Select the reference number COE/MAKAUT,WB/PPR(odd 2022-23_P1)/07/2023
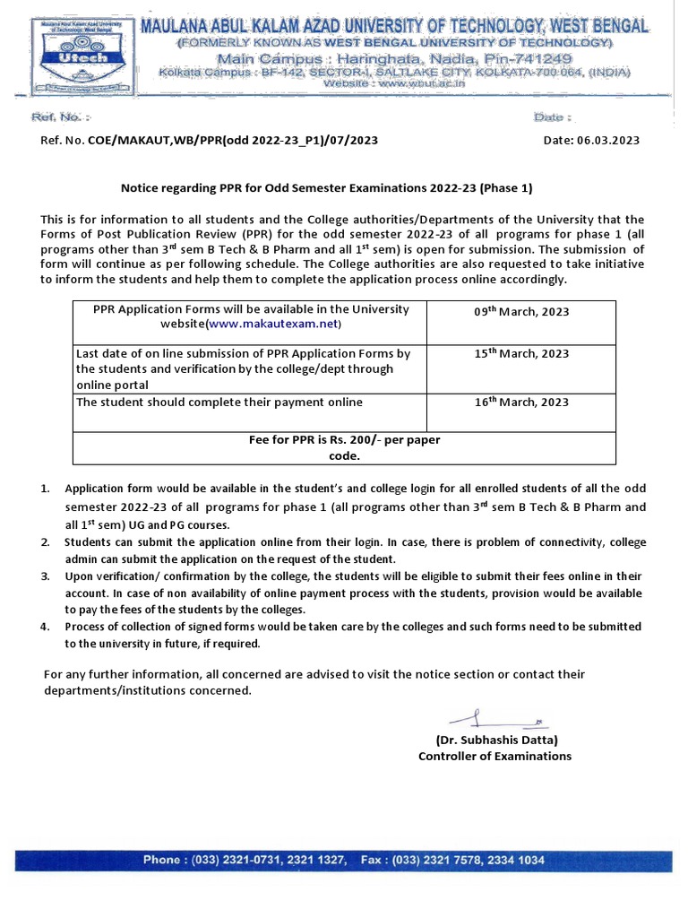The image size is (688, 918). click(x=232, y=141)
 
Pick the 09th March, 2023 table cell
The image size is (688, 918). click(x=520, y=312)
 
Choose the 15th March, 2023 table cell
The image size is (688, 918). click(x=520, y=353)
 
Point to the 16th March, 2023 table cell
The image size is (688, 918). click(x=520, y=402)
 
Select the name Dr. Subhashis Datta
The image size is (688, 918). click(x=496, y=740)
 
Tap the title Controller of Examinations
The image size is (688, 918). click(x=494, y=756)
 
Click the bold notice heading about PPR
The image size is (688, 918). click(x=327, y=188)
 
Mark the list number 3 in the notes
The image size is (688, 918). click(x=45, y=576)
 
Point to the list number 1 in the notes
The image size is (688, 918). click(x=45, y=489)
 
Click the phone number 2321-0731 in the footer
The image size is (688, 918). click(x=238, y=860)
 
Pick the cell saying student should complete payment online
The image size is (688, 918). click(x=219, y=402)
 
